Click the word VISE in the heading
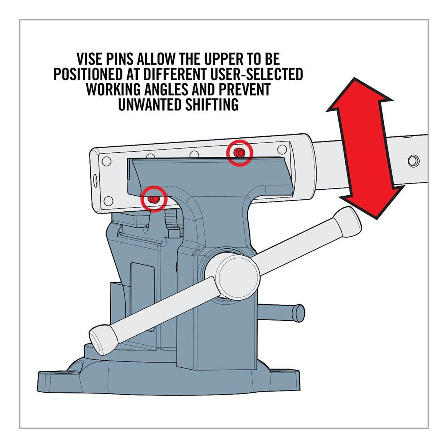(89, 59)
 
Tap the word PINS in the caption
(119, 59)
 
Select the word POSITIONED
(88, 74)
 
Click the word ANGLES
(166, 89)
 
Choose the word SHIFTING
(212, 105)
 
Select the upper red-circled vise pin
(240, 153)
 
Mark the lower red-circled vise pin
(154, 199)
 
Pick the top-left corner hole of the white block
(106, 161)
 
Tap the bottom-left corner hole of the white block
(108, 201)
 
